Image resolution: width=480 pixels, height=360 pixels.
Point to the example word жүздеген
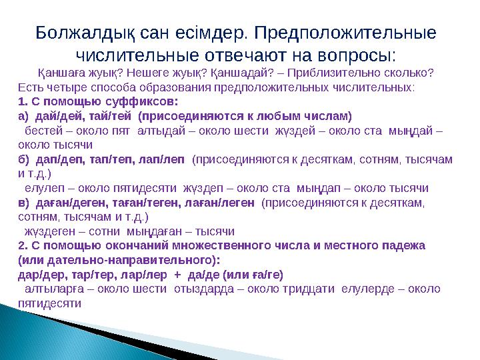click(49, 231)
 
